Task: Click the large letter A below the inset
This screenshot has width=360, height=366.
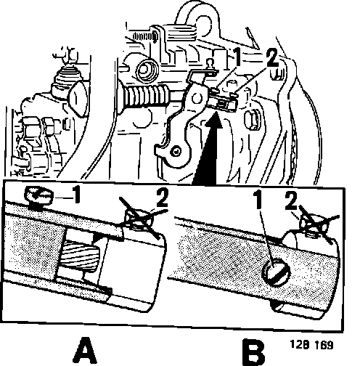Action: click(85, 351)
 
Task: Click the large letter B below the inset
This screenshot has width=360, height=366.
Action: click(253, 352)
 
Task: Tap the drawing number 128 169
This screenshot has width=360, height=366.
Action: click(311, 345)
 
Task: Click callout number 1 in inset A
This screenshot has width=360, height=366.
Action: click(76, 195)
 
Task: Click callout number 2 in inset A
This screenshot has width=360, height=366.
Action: click(162, 198)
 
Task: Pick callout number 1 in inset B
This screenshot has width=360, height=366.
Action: click(258, 200)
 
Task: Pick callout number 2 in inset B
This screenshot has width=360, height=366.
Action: click(291, 200)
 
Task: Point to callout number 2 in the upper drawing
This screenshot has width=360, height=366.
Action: click(272, 58)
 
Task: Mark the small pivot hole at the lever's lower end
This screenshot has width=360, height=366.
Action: click(176, 152)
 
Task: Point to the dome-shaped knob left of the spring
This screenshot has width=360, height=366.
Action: click(79, 97)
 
